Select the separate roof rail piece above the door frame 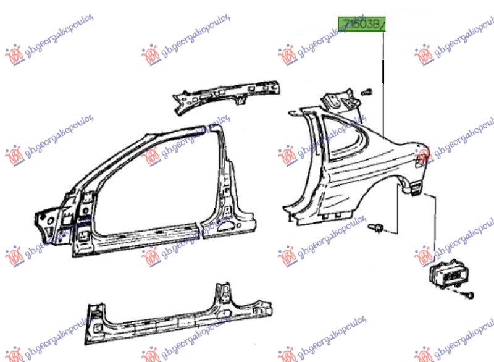click(x=225, y=93)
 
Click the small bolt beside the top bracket click(x=367, y=92)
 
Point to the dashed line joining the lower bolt click(x=395, y=216)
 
